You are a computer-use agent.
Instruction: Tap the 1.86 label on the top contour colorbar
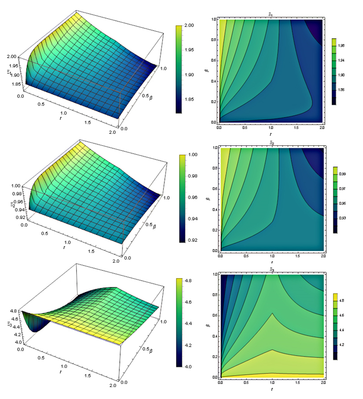coord(348,90)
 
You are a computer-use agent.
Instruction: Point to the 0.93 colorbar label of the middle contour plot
coord(348,218)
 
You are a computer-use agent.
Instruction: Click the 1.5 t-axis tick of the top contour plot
coord(297,127)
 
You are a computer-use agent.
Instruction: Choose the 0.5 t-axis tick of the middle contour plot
coord(245,256)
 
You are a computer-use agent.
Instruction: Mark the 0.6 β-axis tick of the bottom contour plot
coord(214,314)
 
